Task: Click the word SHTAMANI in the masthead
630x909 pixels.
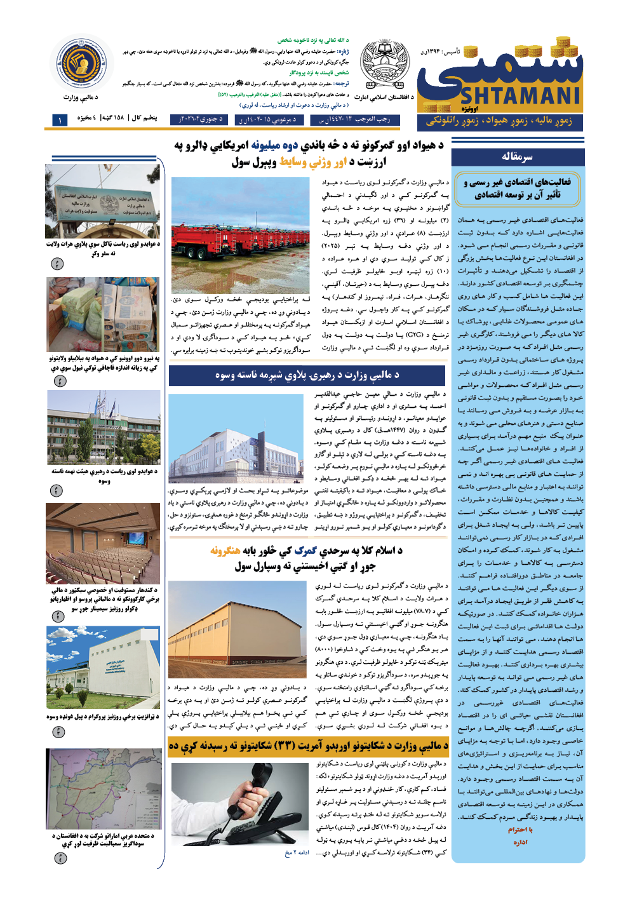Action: click(x=519, y=96)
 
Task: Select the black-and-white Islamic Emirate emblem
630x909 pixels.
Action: click(x=384, y=64)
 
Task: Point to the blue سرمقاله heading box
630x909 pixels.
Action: click(x=518, y=156)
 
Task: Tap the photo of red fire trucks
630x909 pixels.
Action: click(x=240, y=235)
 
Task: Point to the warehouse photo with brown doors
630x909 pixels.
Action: click(x=237, y=629)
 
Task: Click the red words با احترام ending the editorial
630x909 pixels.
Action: click(x=520, y=830)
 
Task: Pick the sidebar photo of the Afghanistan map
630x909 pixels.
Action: click(x=104, y=788)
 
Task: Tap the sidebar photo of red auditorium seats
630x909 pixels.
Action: click(x=103, y=543)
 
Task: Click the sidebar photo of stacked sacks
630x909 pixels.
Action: click(x=103, y=314)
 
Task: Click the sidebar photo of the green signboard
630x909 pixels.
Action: click(x=103, y=201)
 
